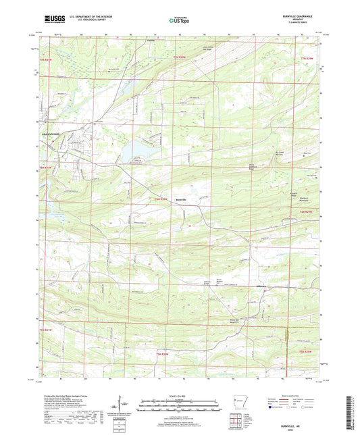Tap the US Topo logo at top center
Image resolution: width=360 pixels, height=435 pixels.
tap(179, 21)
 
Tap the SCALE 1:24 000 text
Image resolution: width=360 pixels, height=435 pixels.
tap(180, 395)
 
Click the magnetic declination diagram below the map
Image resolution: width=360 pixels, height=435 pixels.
tap(122, 405)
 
